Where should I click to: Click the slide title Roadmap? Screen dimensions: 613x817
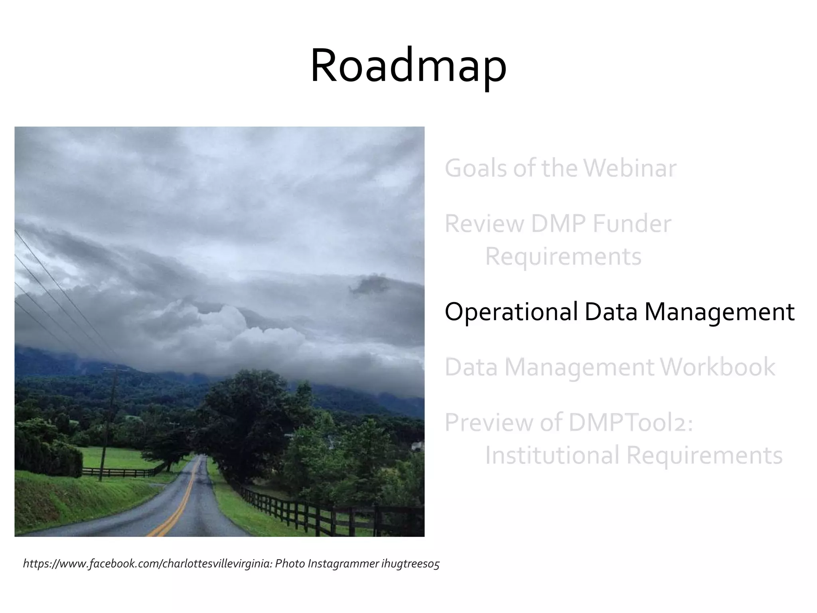click(408, 66)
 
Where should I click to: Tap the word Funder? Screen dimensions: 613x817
click(631, 223)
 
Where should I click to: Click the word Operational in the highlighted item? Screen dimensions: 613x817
click(511, 312)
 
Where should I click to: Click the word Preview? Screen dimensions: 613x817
click(489, 422)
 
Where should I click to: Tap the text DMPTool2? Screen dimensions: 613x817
click(631, 422)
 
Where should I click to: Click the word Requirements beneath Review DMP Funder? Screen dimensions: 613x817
click(563, 257)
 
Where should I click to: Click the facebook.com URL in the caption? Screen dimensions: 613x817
click(148, 564)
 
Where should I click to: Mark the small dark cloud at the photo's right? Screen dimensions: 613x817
click(369, 284)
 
